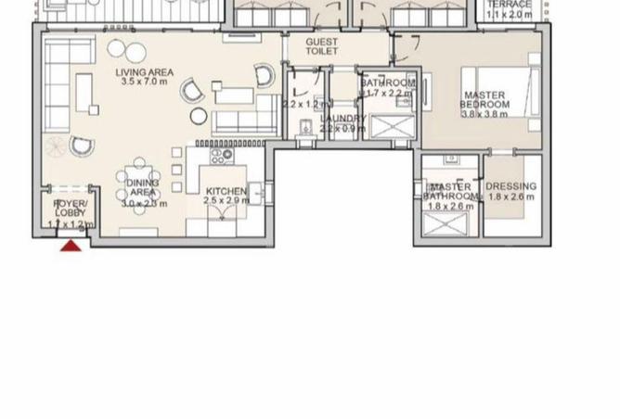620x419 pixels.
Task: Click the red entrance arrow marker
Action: click(71, 245)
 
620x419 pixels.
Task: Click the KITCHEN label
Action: click(226, 192)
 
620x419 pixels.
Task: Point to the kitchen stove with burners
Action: click(222, 156)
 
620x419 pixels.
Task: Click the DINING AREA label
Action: click(142, 188)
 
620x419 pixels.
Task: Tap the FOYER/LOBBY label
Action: click(71, 208)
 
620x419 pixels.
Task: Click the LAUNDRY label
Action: click(341, 119)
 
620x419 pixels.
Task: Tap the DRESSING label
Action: click(510, 186)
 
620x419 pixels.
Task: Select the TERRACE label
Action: click(509, 5)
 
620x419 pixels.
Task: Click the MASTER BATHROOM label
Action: click(449, 192)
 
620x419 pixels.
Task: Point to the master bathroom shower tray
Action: click(449, 223)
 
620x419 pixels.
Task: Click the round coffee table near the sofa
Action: click(199, 115)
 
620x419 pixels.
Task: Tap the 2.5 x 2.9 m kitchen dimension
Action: click(226, 200)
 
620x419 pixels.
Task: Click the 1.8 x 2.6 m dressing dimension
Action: click(510, 197)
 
